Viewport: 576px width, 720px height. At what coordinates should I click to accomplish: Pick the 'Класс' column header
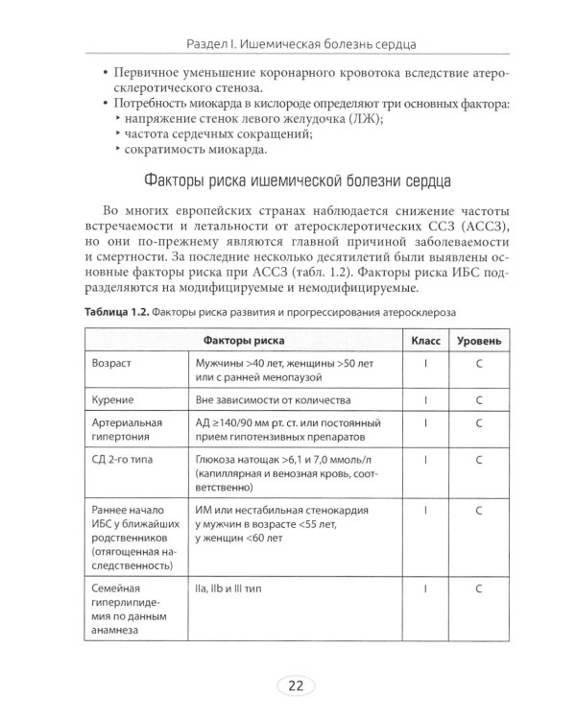(425, 341)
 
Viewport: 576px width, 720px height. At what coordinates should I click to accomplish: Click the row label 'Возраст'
(111, 366)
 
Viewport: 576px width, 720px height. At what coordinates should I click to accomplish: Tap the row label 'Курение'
(112, 398)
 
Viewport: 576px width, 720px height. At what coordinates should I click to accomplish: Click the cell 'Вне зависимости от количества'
(273, 398)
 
